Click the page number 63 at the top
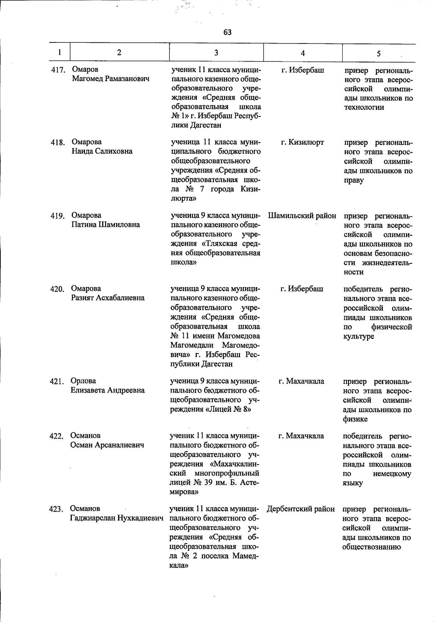pos(227,32)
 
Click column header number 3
pos(216,53)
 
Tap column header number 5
pos(378,54)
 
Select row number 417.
pos(58,70)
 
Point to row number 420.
pos(57,289)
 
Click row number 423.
pos(57,509)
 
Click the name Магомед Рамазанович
pos(111,79)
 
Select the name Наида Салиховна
pos(102,151)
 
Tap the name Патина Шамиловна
pos(105,224)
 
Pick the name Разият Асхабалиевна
pos(108,298)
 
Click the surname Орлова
pos(83,381)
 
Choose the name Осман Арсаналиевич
pos(107,445)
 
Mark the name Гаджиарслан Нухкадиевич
pos(116,518)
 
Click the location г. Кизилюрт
pos(302,142)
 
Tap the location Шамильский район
pos(302,216)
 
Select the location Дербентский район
pos(301,509)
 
